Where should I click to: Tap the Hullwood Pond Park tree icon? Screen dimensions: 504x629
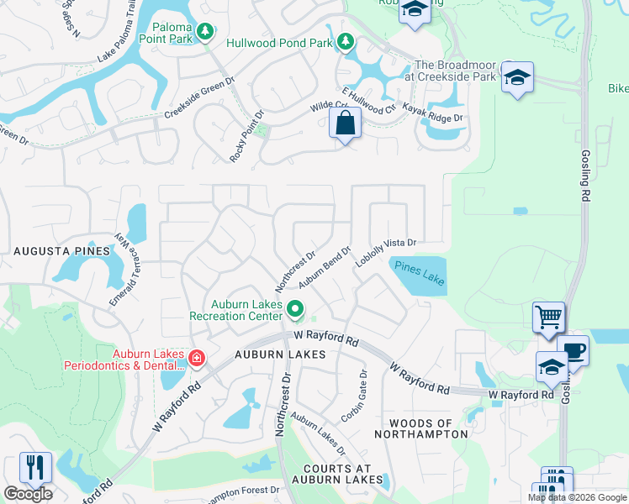pyautogui.click(x=346, y=40)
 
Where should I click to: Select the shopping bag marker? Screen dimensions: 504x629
pyautogui.click(x=346, y=123)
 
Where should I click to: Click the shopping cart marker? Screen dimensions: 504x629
pyautogui.click(x=548, y=318)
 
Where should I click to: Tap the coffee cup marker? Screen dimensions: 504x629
pyautogui.click(x=573, y=350)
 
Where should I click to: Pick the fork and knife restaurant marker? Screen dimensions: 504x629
pyautogui.click(x=35, y=468)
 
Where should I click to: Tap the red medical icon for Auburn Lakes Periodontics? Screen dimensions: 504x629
pyautogui.click(x=196, y=359)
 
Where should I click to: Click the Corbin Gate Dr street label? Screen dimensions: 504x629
pyautogui.click(x=354, y=396)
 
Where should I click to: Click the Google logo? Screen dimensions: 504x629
pyautogui.click(x=28, y=494)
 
